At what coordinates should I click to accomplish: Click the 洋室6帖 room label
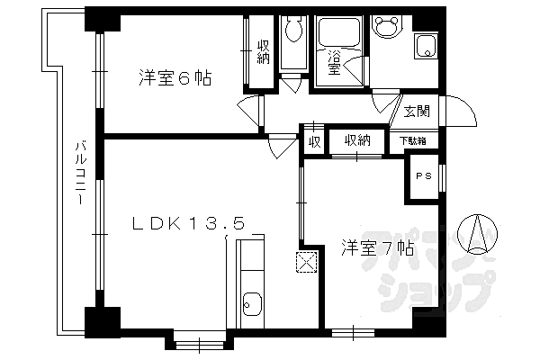(175, 78)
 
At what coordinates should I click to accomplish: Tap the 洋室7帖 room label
(377, 247)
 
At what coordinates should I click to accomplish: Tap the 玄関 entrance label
(416, 112)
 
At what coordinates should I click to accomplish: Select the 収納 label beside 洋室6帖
(263, 51)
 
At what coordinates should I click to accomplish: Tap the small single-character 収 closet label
(314, 141)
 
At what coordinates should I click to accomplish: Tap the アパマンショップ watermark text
(450, 274)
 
